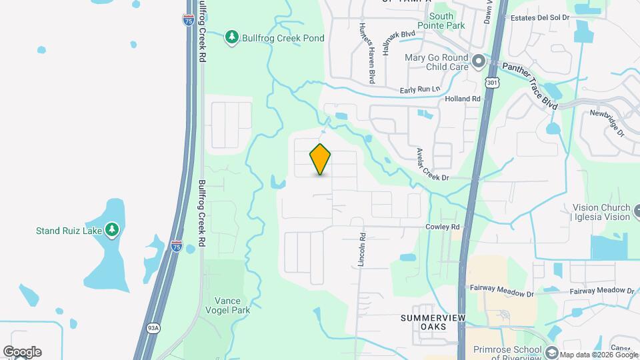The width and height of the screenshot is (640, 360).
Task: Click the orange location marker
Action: coord(321,159)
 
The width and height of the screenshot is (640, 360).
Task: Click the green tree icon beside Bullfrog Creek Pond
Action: coord(231,37)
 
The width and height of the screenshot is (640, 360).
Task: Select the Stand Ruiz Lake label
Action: coord(69,231)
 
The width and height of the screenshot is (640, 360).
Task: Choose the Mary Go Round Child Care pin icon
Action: coord(478,62)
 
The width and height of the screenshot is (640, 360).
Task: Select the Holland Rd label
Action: coord(462,99)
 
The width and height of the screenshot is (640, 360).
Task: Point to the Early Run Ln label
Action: coord(420,89)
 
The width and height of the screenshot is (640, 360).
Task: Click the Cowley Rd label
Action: coord(443,227)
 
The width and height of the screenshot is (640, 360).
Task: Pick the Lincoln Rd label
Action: coord(362,250)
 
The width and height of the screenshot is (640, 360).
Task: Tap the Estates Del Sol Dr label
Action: coord(539,17)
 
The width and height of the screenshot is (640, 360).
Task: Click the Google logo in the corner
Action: coord(22,351)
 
